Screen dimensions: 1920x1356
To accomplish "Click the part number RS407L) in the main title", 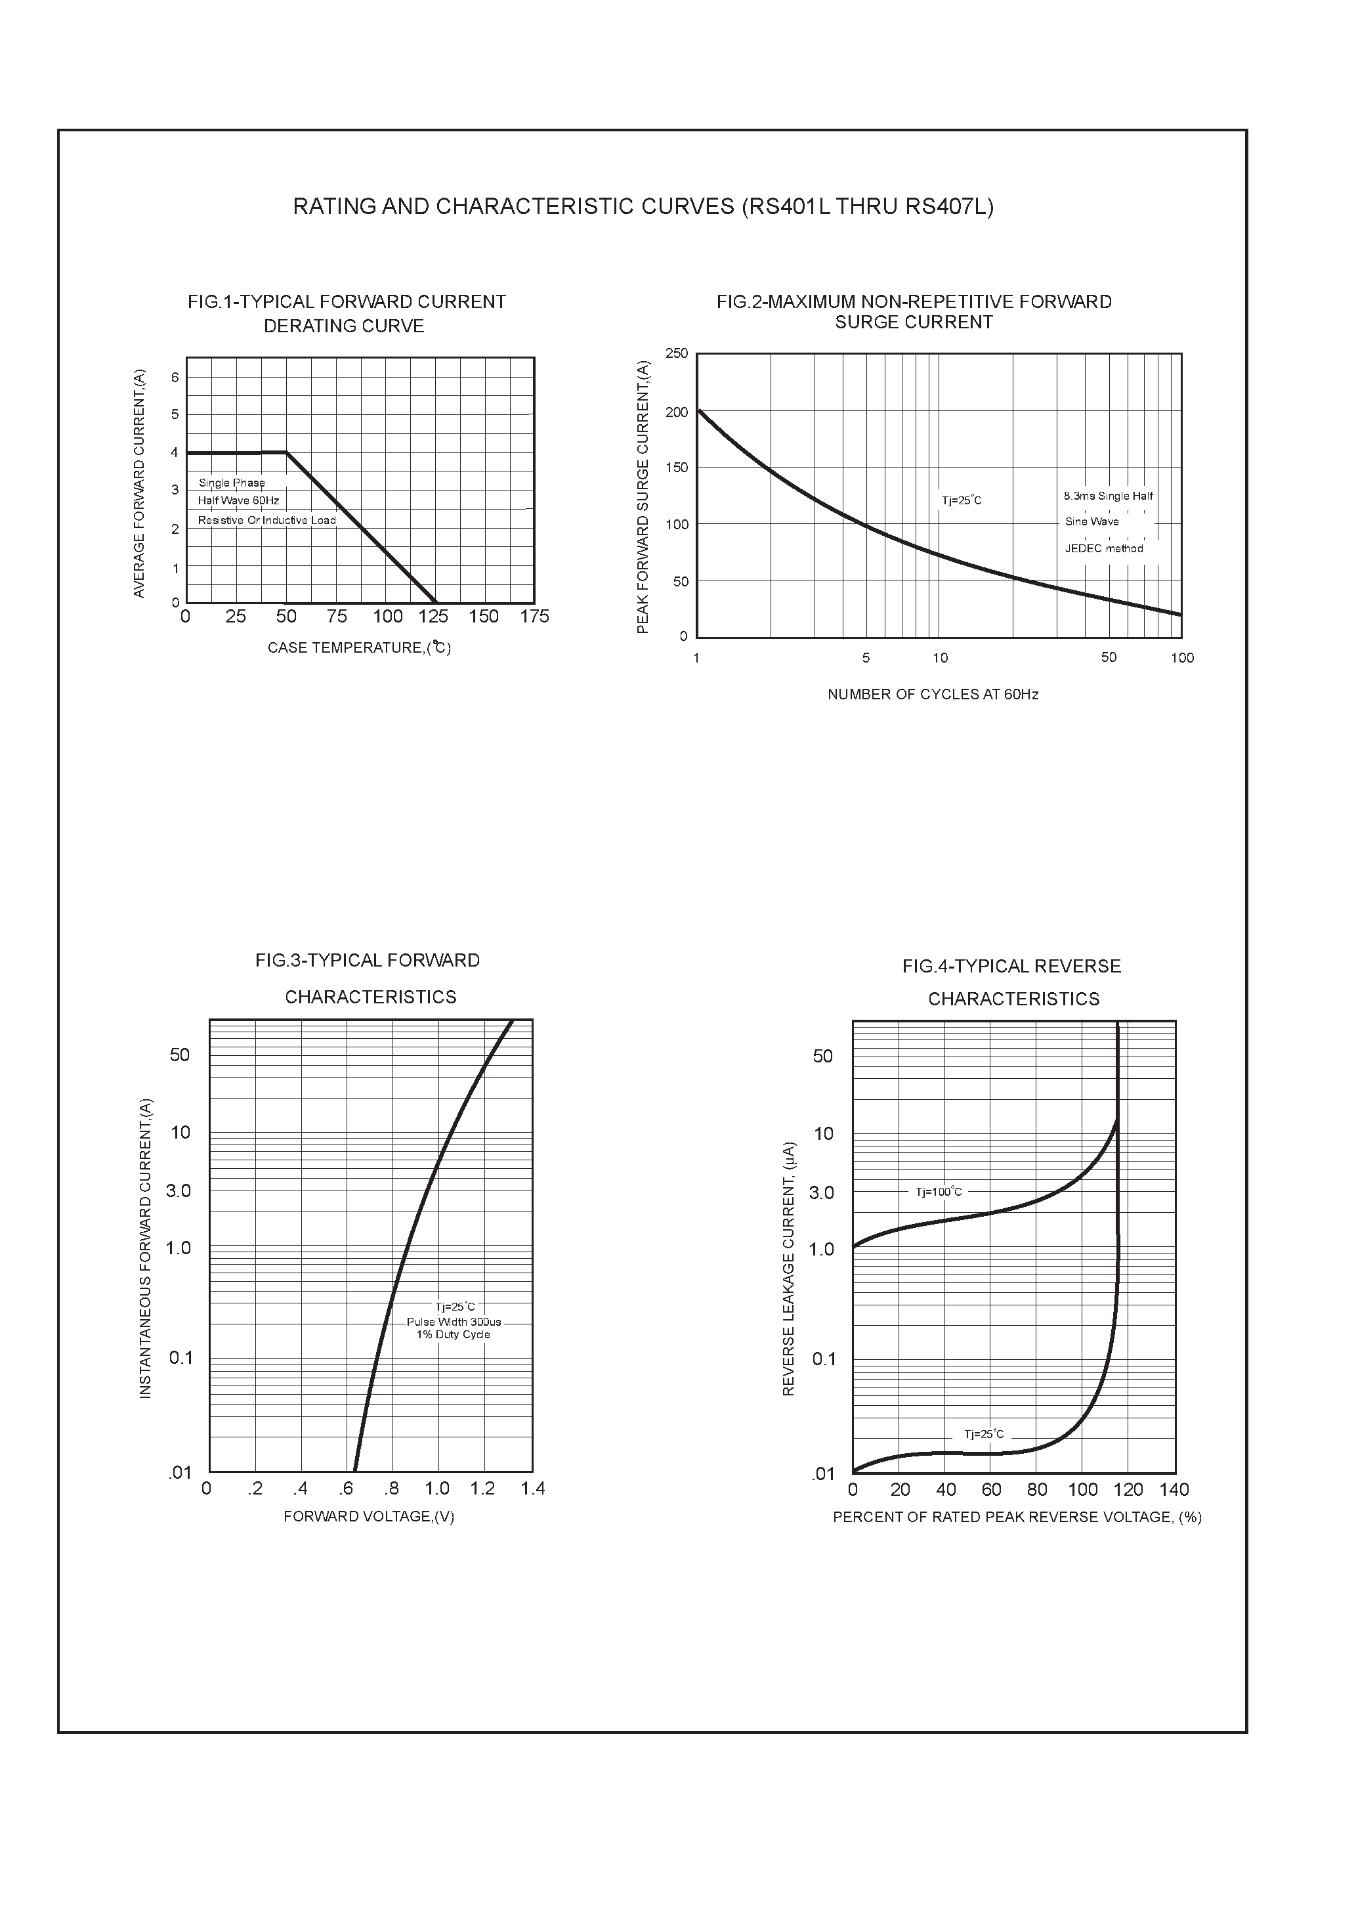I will [x=949, y=207].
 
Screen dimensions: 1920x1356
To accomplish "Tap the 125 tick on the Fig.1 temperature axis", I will [x=433, y=617].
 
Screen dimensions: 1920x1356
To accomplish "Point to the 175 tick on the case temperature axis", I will [x=534, y=617].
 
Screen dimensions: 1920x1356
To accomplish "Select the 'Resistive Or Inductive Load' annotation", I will [x=266, y=520].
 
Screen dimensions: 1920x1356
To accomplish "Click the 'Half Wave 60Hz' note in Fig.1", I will [x=238, y=501].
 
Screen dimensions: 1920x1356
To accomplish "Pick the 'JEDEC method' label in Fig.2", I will [x=1103, y=548].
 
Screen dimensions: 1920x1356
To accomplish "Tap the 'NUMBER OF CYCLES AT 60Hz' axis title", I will [x=933, y=694].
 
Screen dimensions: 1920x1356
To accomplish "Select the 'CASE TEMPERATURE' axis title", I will [x=360, y=647].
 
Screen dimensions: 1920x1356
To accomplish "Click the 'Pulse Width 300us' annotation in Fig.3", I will [x=454, y=1322].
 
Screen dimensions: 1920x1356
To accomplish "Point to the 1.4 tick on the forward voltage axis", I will [x=532, y=1489].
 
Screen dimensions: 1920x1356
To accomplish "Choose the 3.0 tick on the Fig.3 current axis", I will [x=179, y=1190].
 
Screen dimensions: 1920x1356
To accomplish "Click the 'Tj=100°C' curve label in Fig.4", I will [x=939, y=1192].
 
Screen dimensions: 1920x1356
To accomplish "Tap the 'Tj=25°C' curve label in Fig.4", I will [x=984, y=1434].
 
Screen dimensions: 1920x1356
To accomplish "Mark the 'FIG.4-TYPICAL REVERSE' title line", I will [x=1011, y=967].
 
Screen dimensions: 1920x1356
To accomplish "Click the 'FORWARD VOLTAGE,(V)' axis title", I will [x=369, y=1516].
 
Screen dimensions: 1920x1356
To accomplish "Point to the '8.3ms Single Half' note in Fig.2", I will [x=1108, y=496].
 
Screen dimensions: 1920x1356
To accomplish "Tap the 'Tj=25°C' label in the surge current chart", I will [x=962, y=501].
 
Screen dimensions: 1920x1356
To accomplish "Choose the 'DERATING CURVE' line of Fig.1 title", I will [x=344, y=326].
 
